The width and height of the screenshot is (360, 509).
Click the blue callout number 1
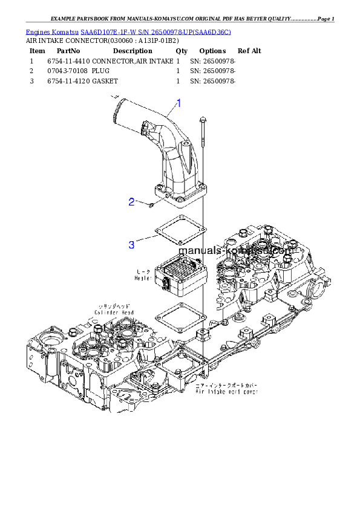click(178, 103)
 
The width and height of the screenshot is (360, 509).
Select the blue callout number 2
click(131, 202)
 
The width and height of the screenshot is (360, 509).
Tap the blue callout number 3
click(131, 245)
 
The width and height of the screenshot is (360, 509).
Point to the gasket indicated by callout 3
click(182, 232)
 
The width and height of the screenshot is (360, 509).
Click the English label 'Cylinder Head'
click(114, 313)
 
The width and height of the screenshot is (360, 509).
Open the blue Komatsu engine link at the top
click(128, 31)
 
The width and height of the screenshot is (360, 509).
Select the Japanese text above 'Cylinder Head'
click(114, 306)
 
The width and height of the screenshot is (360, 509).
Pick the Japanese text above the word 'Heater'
click(145, 271)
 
